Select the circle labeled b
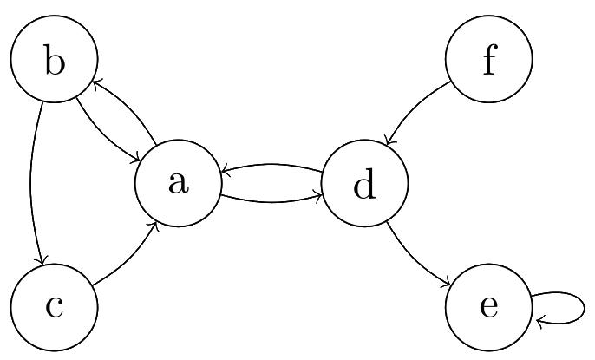54,60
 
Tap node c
54,307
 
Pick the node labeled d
364,184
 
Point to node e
488,307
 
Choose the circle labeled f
488,60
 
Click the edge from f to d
417,108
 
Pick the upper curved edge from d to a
271,165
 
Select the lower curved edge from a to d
271,203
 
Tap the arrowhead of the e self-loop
540,322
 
